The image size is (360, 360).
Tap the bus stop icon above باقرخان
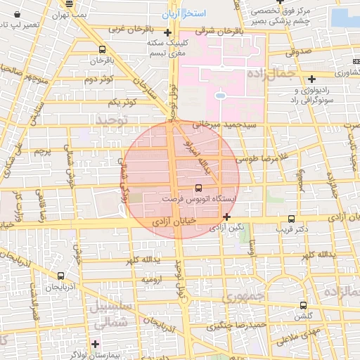point(103,50)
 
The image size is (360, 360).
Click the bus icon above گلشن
point(303,305)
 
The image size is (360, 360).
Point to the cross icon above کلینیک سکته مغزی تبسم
point(167,32)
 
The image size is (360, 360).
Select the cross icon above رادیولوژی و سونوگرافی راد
point(311,79)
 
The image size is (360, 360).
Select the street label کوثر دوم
point(98,79)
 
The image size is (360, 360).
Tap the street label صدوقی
point(299,51)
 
